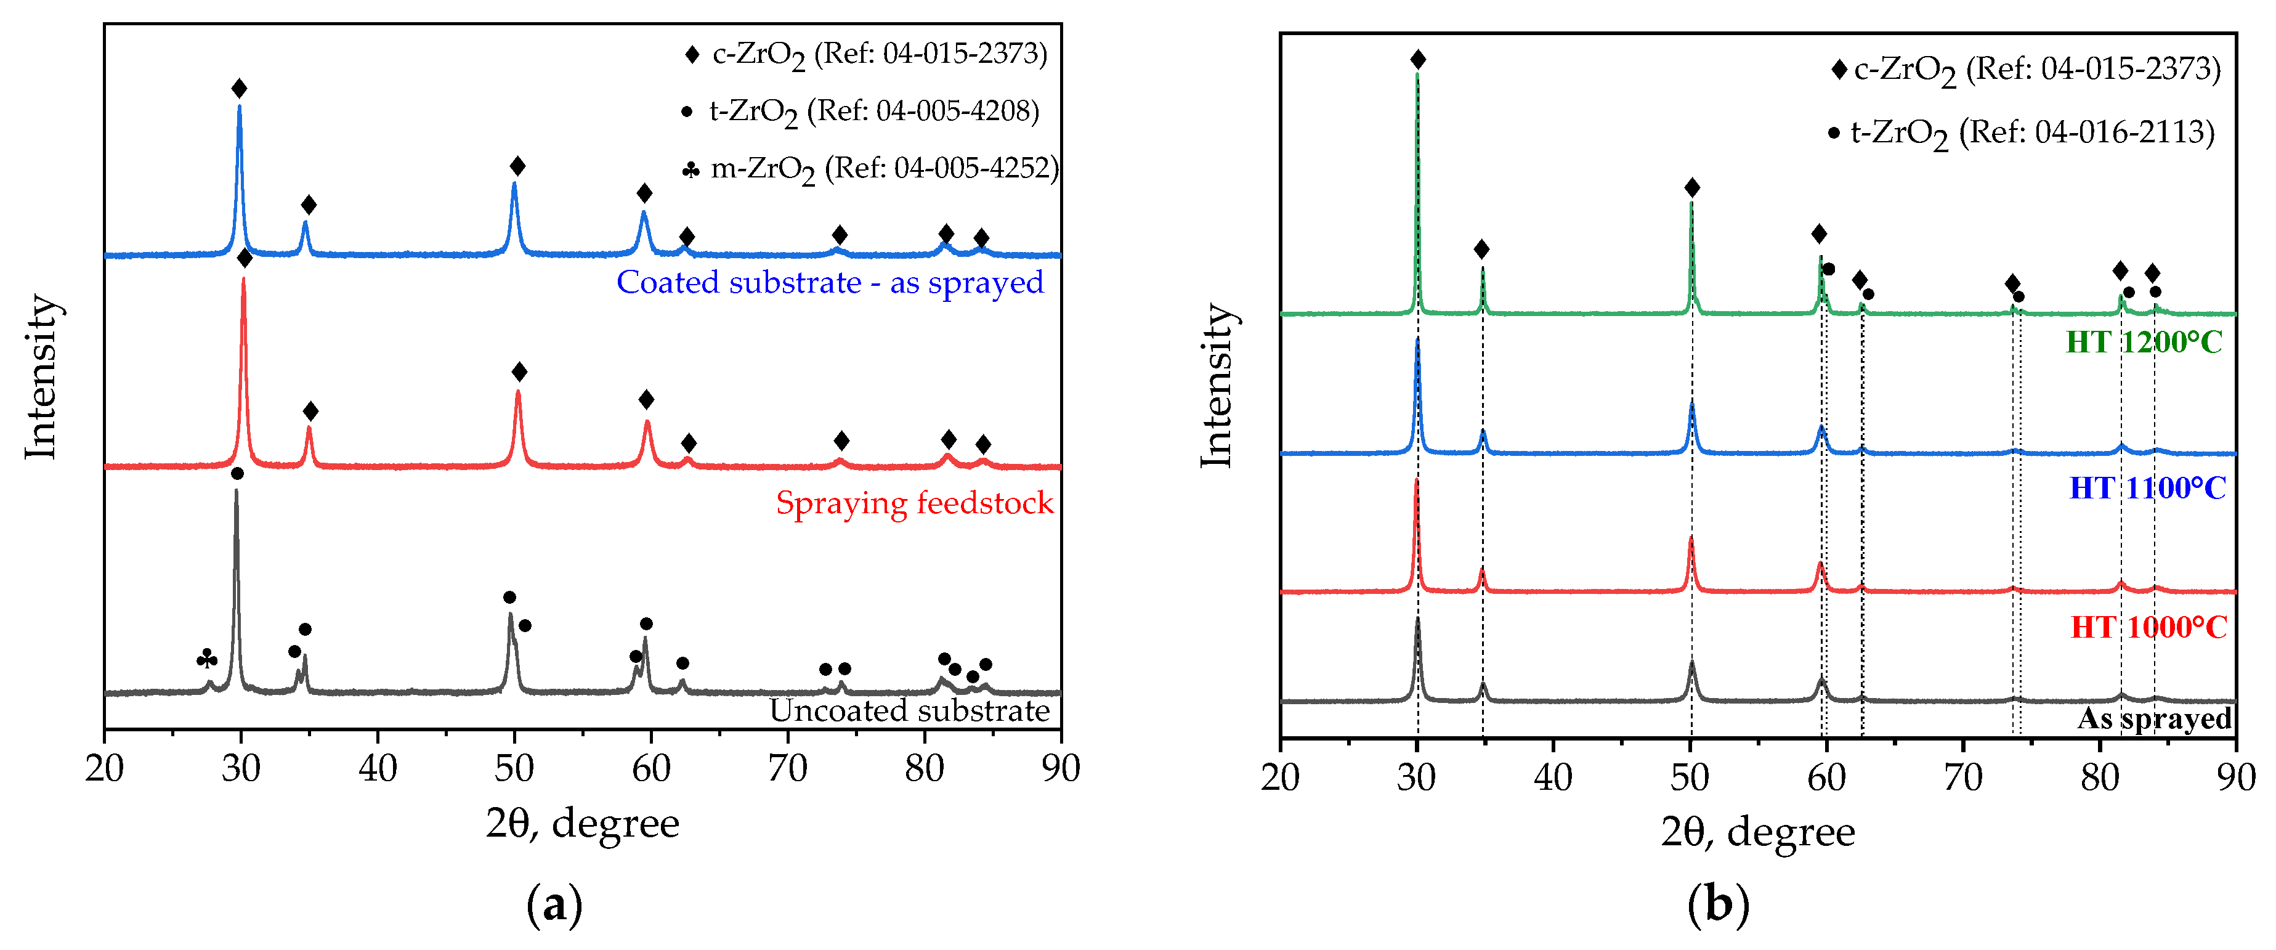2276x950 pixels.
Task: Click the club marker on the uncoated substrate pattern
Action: click(x=207, y=659)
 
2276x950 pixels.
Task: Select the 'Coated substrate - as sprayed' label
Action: click(x=830, y=283)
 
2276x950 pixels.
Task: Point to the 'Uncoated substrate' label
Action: click(x=909, y=710)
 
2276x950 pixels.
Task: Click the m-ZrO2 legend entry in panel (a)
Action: click(x=870, y=168)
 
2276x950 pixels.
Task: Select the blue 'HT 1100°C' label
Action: click(x=2147, y=488)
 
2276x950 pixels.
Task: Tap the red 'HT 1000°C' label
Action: click(x=2148, y=627)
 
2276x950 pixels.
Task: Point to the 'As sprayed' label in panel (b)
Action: click(x=2154, y=718)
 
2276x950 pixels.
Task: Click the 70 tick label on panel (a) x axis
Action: click(x=787, y=769)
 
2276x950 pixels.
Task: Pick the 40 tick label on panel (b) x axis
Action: click(x=1553, y=777)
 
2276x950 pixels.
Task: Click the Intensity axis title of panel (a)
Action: click(x=41, y=376)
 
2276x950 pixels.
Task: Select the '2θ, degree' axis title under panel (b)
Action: click(x=1757, y=832)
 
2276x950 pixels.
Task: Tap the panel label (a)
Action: click(x=554, y=906)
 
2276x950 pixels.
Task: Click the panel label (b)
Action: click(x=1717, y=906)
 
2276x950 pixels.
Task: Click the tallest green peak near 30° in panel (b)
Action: click(x=1417, y=79)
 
